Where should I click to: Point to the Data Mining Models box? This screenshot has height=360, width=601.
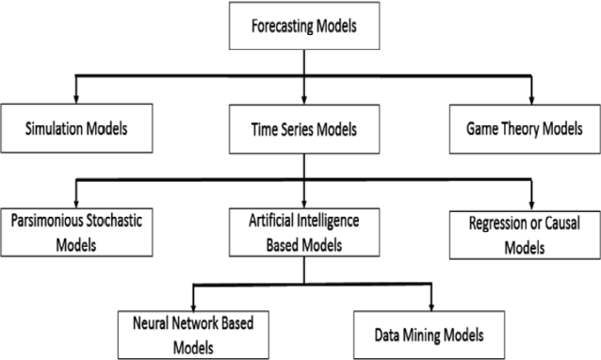point(431,333)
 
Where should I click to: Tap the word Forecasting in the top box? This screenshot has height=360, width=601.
point(278,26)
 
